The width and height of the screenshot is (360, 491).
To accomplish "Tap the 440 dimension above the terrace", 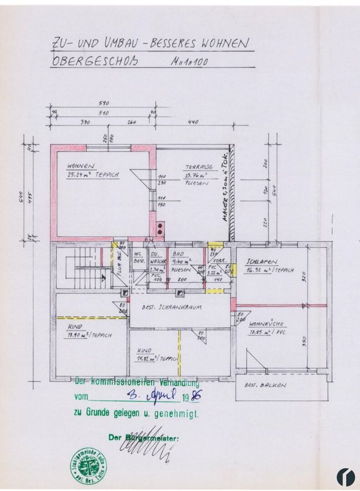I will (x=193, y=122).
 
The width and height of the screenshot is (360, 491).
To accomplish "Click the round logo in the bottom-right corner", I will (x=345, y=477).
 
